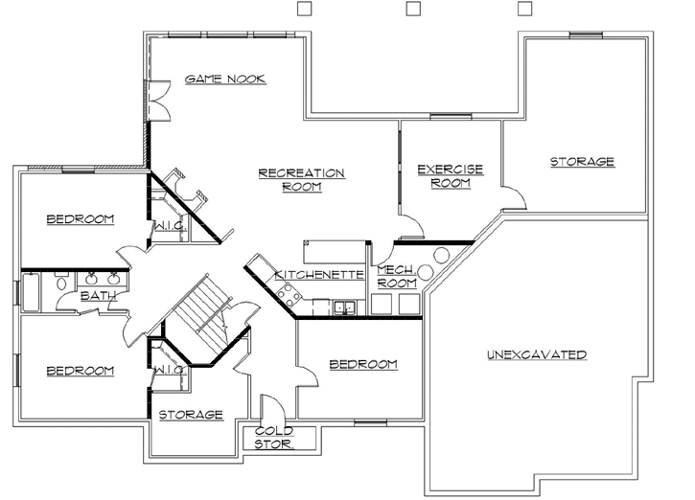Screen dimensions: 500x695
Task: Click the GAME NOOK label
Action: (225, 79)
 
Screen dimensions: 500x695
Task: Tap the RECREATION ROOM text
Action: (301, 179)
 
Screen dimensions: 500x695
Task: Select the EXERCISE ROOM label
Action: (450, 175)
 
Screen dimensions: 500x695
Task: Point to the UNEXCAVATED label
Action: (536, 354)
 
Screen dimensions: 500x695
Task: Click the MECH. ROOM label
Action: (396, 277)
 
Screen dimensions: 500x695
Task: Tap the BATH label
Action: (98, 296)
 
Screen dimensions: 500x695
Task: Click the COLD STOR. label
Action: (273, 438)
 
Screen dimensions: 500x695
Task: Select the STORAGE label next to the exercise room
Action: (581, 162)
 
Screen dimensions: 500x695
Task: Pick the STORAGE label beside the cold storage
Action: (190, 415)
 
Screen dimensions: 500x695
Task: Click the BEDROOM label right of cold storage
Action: (362, 364)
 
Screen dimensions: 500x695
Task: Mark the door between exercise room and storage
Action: (514, 197)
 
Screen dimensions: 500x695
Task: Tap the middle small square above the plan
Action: (413, 9)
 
